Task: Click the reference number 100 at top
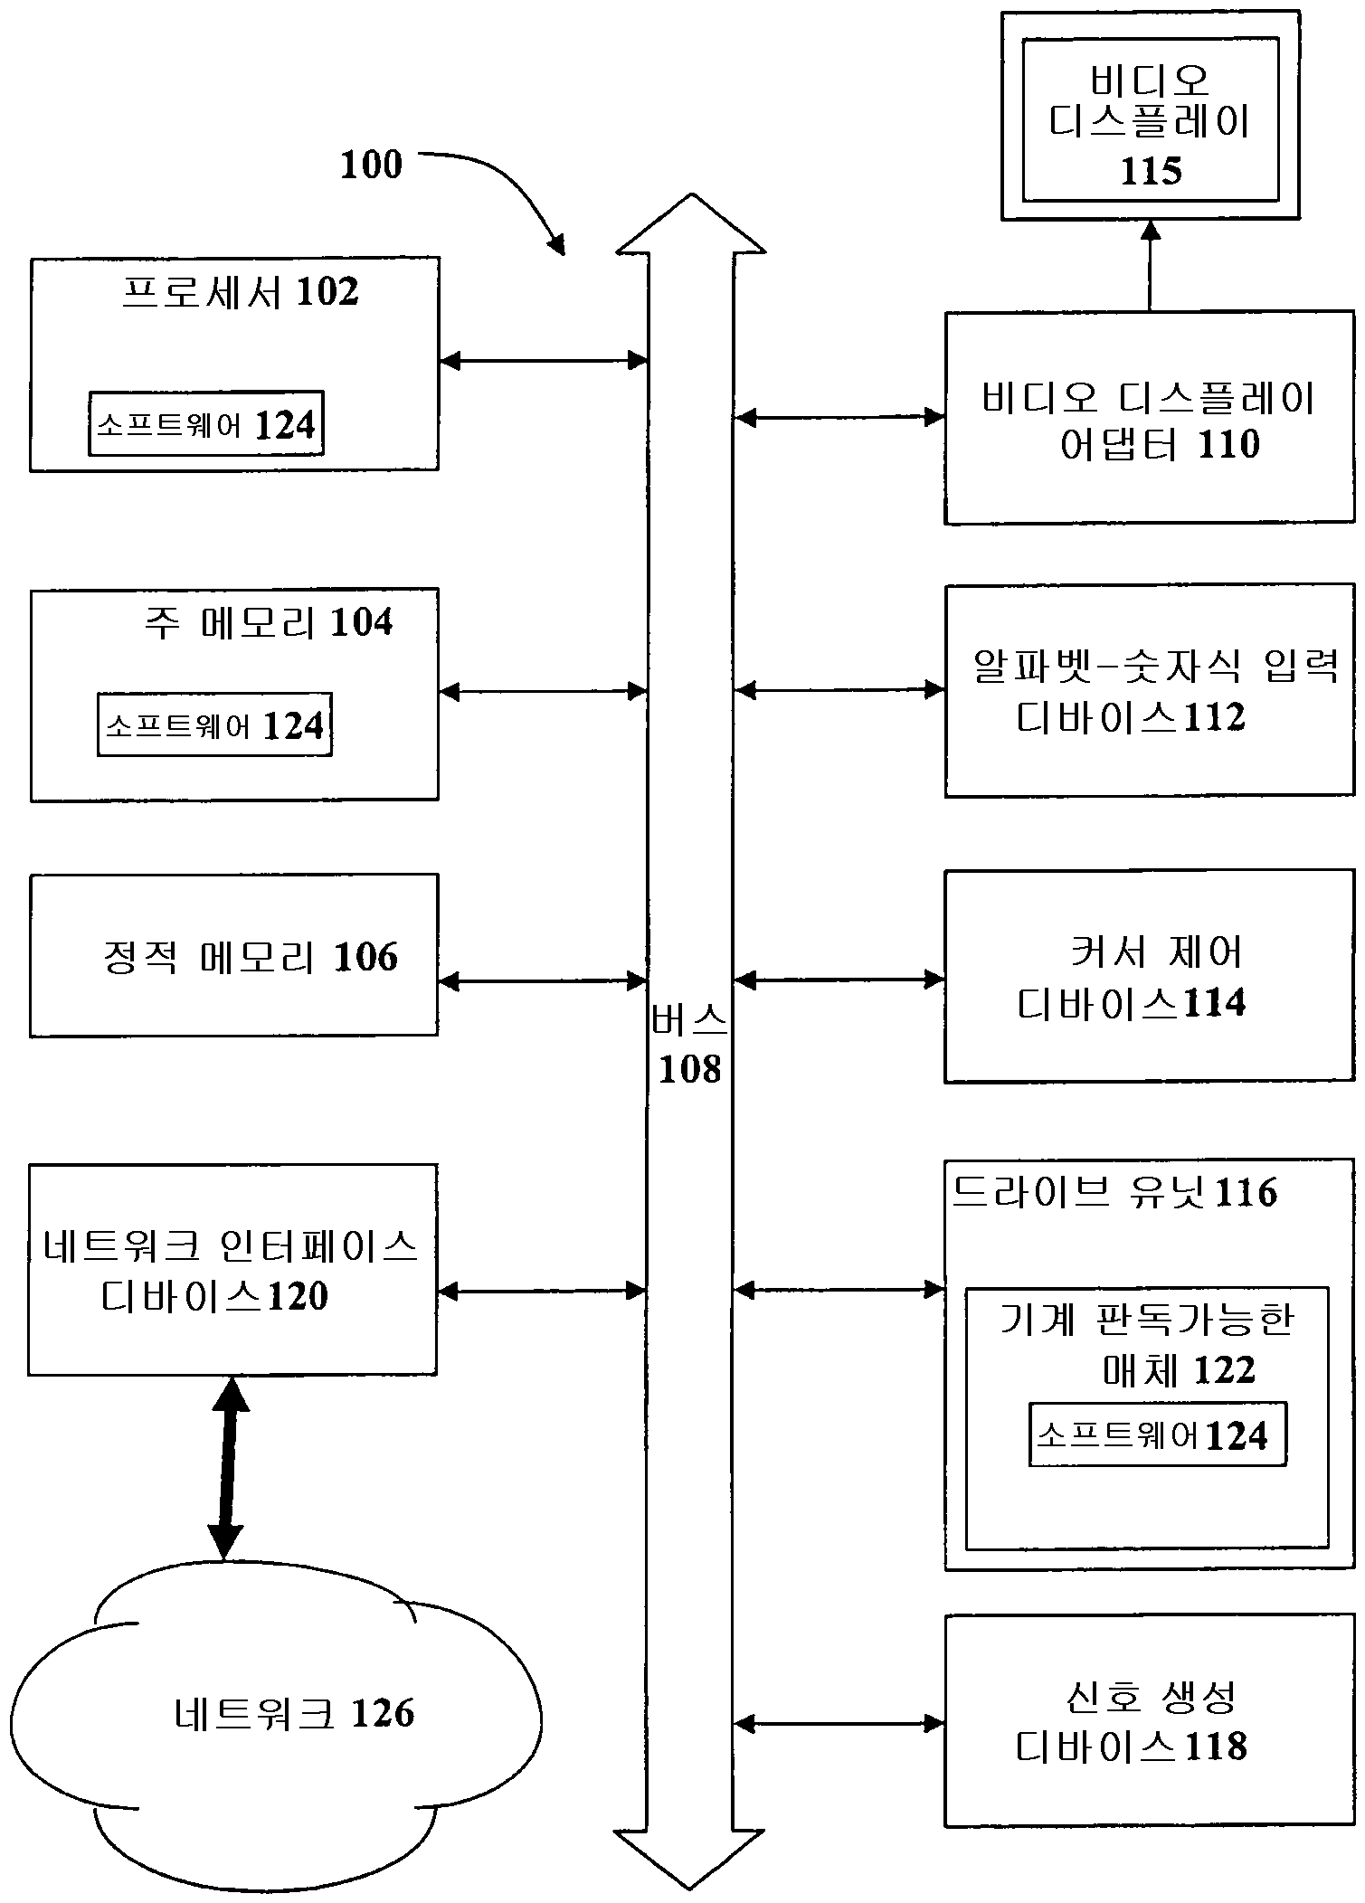point(371,165)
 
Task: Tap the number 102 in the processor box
point(327,291)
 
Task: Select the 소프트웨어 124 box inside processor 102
point(206,423)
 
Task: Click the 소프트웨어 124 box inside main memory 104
point(214,724)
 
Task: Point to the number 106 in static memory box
point(365,957)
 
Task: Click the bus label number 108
point(689,1069)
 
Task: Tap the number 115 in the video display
point(1151,170)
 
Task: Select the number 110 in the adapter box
point(1228,444)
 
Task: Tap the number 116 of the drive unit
point(1246,1193)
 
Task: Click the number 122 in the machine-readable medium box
point(1224,1370)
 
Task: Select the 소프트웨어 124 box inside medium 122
point(1157,1434)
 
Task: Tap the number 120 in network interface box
point(298,1296)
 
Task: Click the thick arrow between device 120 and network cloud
point(227,1468)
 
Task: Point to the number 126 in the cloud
point(382,1713)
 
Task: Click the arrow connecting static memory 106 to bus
point(543,980)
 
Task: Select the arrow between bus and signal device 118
point(839,1724)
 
